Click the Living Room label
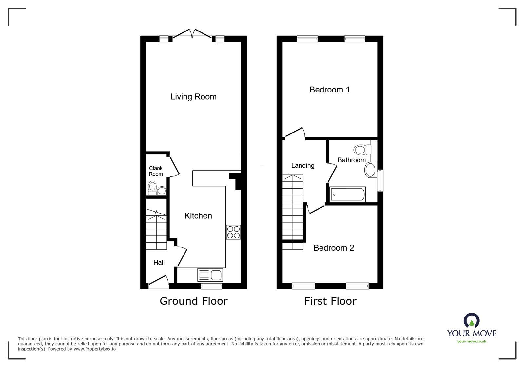(193, 97)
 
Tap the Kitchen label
(198, 216)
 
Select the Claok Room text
(156, 171)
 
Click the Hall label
(159, 262)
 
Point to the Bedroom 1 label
(329, 90)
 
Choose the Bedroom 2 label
(334, 248)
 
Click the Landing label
(302, 166)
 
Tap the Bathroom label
(351, 160)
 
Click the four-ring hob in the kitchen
(233, 232)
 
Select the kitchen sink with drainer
(210, 275)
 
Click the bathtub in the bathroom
(347, 194)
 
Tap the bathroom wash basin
(371, 170)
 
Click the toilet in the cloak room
(152, 188)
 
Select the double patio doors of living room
(192, 34)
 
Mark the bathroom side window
(380, 180)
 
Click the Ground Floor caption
(193, 301)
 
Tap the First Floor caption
(330, 301)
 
